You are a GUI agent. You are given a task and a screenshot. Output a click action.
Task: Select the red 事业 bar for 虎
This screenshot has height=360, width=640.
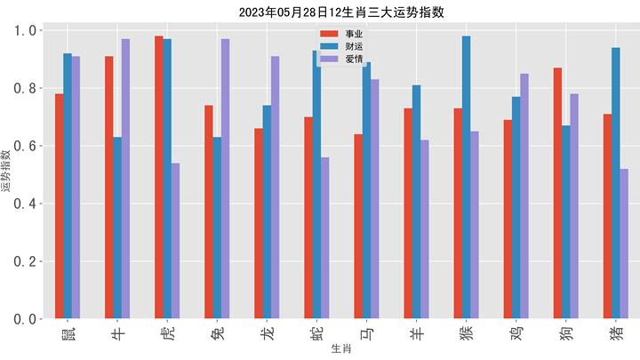point(159,178)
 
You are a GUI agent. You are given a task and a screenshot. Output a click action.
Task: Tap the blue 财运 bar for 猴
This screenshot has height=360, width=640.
point(466,178)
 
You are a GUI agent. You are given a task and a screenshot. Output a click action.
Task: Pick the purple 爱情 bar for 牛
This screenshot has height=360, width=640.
point(126,179)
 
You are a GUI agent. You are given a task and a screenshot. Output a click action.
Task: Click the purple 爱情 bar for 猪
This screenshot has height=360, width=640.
point(624,244)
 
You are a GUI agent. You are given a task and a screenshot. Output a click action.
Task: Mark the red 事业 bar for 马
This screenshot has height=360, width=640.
point(358,227)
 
